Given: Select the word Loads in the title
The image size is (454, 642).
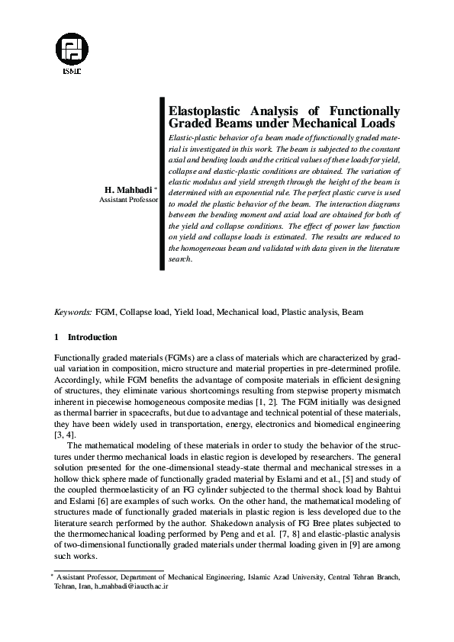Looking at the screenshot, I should click(x=379, y=122).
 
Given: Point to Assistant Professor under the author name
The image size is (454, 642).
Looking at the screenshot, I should click(x=128, y=200).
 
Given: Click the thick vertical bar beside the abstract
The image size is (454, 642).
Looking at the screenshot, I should click(x=161, y=183).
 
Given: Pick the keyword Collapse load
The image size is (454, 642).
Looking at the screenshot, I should click(x=144, y=312).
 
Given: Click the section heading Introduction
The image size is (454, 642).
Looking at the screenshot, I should click(x=92, y=337).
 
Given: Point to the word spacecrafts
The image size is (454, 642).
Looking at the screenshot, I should click(x=149, y=411).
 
